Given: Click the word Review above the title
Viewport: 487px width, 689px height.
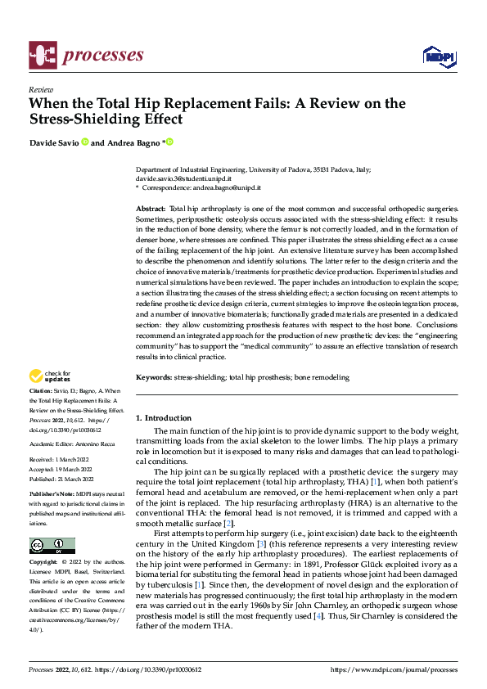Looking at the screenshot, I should click(41, 89).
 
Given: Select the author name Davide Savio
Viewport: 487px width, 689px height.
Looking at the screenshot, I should click(53, 142).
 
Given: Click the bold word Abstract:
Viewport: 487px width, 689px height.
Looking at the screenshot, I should click(151, 209).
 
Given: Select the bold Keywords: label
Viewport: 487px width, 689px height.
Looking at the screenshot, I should click(154, 377).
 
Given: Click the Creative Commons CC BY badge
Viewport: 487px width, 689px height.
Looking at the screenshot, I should click(52, 546).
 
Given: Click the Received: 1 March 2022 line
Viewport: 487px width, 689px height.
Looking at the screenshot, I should click(61, 462).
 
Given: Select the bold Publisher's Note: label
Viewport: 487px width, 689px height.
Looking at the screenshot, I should click(52, 496).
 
